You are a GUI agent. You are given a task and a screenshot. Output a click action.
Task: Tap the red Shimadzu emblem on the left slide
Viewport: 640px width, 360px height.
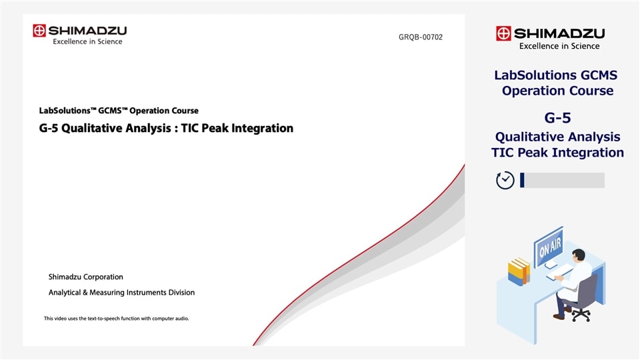39,31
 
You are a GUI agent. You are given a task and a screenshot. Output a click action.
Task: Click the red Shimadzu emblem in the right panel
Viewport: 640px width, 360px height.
503,33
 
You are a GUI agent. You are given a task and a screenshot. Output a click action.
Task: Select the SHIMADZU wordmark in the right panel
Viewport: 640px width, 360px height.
559,33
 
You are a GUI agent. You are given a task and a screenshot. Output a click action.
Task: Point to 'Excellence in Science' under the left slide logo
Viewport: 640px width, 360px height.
87,42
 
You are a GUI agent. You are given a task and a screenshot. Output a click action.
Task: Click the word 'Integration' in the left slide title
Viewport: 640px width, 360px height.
263,128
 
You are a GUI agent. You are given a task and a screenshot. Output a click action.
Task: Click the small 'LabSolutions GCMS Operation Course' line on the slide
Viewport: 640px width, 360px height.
119,111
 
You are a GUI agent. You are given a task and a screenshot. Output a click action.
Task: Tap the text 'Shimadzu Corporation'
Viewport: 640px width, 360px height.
85,277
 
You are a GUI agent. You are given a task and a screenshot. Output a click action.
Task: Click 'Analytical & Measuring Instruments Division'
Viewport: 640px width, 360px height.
121,292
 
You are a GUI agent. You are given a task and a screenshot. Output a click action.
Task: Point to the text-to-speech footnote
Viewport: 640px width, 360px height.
116,319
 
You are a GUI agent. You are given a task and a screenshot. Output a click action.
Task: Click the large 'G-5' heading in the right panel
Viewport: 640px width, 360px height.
557,118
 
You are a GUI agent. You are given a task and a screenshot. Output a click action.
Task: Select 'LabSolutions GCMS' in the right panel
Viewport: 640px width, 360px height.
557,75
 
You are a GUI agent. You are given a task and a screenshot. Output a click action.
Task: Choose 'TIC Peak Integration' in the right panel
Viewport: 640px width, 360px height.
557,153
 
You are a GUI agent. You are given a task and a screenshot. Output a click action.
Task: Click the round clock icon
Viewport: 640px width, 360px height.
505,180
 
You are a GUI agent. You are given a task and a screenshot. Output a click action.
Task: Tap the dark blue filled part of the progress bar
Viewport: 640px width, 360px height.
522,180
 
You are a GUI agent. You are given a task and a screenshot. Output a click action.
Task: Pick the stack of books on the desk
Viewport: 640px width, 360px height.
518,272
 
